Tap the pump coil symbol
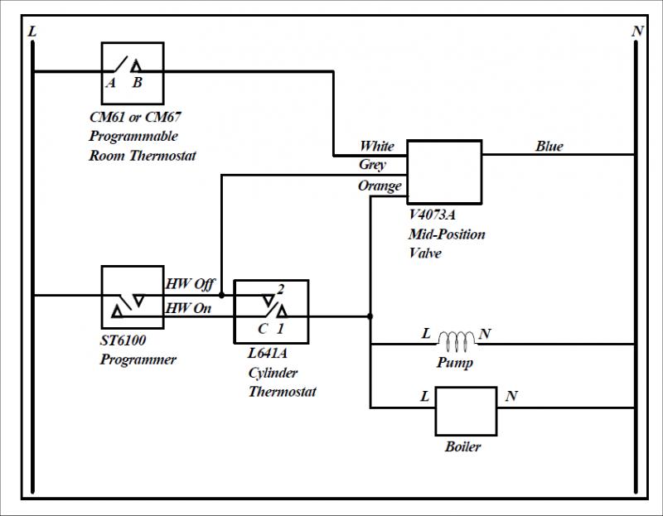point(457,340)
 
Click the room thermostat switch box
point(133,71)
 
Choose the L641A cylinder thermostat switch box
point(271,312)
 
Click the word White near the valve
point(376,147)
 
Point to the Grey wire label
point(373,166)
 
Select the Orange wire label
point(380,186)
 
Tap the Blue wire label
point(549,147)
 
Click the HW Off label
point(190,284)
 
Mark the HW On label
point(190,308)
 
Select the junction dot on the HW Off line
point(221,294)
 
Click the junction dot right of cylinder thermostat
point(370,316)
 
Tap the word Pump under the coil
point(454,363)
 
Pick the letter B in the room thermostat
point(138,82)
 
